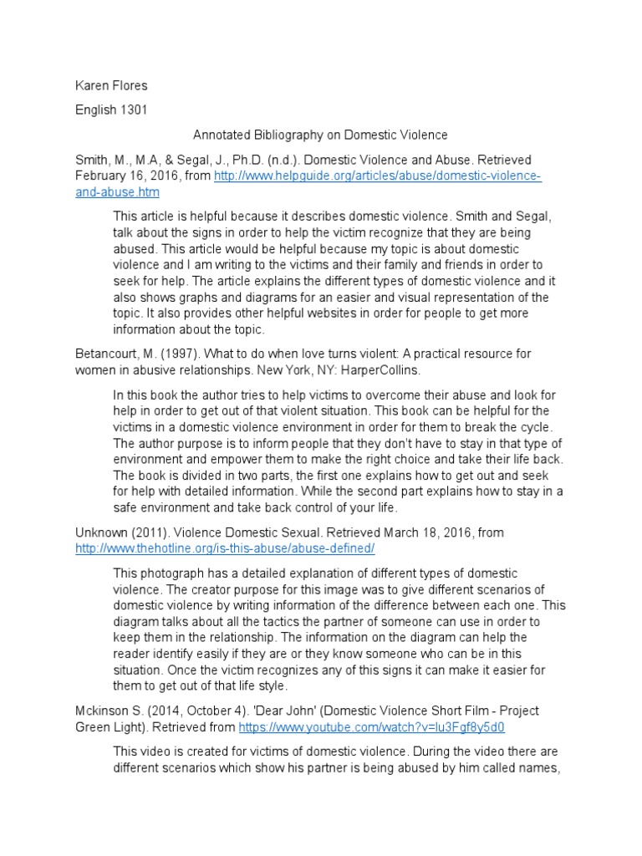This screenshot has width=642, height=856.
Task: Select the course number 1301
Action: coord(133,110)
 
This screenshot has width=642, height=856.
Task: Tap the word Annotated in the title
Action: coord(222,135)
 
